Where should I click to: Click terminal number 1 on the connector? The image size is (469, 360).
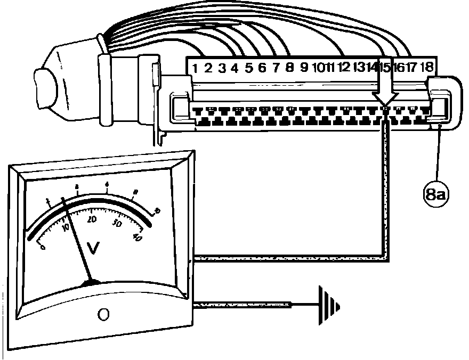pyautogui.click(x=195, y=68)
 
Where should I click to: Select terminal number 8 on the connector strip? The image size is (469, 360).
pyautogui.click(x=289, y=68)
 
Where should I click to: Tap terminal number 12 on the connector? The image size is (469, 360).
pyautogui.click(x=344, y=68)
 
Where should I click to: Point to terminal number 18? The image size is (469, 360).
pyautogui.click(x=427, y=68)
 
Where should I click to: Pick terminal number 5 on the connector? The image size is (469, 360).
pyautogui.click(x=248, y=68)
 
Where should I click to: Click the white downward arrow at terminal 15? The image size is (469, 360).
pyautogui.click(x=385, y=85)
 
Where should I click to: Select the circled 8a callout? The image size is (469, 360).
pyautogui.click(x=435, y=194)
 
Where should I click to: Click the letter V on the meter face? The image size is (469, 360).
pyautogui.click(x=94, y=248)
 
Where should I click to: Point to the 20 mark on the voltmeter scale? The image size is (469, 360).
pyautogui.click(x=92, y=219)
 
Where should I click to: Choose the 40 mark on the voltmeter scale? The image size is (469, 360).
pyautogui.click(x=137, y=238)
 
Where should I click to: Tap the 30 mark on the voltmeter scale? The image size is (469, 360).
pyautogui.click(x=118, y=224)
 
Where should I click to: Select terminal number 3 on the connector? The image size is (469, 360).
pyautogui.click(x=222, y=68)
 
